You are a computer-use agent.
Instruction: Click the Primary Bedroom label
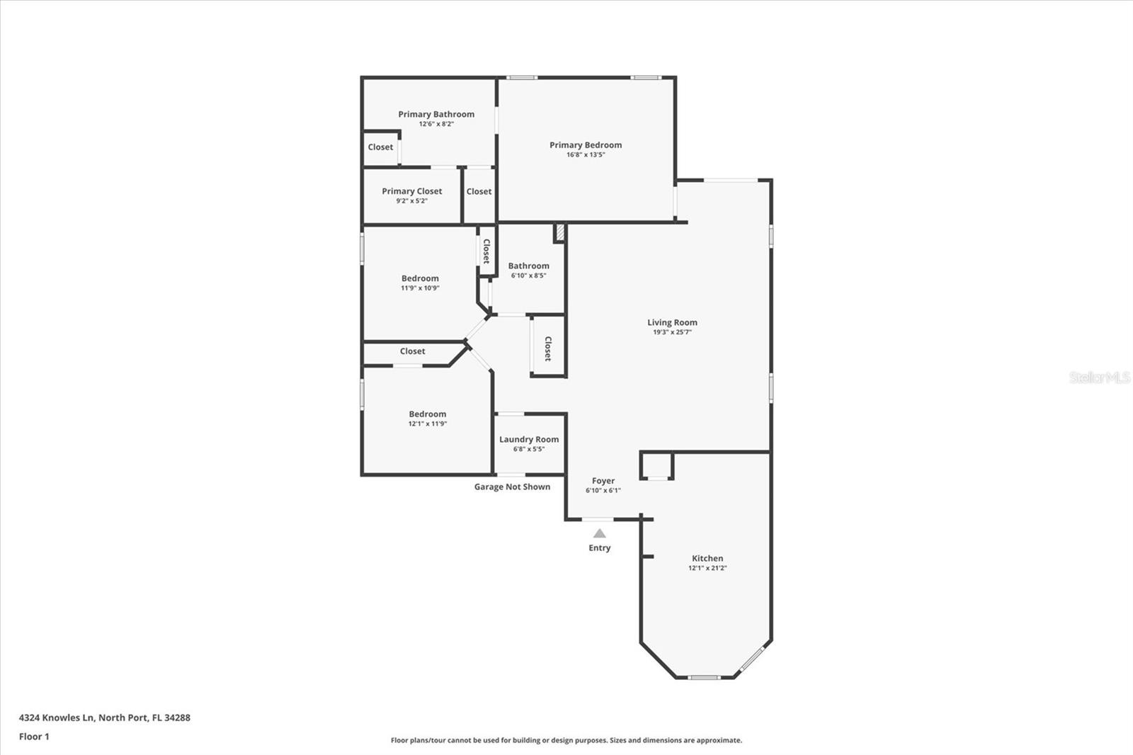pos(586,145)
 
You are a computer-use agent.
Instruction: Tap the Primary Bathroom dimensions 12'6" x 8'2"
pos(436,124)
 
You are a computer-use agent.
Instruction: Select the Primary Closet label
pos(411,191)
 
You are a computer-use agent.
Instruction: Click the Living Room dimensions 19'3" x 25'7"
pos(672,332)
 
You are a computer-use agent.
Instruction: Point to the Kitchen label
pos(707,558)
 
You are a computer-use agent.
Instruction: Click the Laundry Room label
pos(529,439)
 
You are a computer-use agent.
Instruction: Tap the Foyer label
pos(603,481)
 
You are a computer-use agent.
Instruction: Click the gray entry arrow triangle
pos(600,533)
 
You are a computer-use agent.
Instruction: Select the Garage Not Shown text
pos(512,487)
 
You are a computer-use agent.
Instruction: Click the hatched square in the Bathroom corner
pos(559,233)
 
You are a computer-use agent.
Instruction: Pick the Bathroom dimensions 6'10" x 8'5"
pos(528,276)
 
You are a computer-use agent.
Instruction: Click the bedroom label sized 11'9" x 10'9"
pos(420,278)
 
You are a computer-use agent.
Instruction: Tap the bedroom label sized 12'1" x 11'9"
pos(427,414)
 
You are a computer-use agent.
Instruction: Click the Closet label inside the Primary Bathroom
pos(380,147)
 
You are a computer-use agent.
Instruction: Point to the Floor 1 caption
pos(34,737)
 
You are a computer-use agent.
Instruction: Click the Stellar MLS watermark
pos(1099,377)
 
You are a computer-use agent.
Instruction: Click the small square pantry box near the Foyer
pos(657,466)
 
